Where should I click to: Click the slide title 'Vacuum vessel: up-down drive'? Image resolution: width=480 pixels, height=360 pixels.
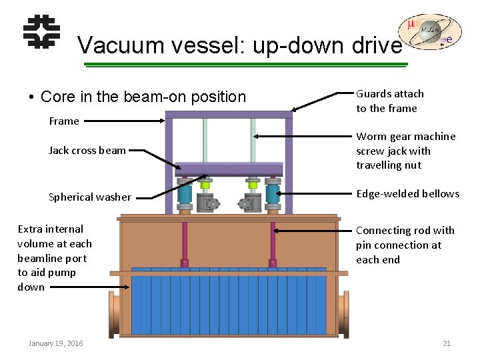coord(239,45)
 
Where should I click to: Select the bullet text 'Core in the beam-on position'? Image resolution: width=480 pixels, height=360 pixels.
coord(143,97)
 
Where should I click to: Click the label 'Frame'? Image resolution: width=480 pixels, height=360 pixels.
coord(64,121)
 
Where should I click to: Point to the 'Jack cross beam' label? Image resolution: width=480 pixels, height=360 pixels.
coord(87,150)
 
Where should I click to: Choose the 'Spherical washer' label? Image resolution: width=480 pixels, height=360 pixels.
coord(90,197)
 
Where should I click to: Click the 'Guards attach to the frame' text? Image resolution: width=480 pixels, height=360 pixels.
coord(390,101)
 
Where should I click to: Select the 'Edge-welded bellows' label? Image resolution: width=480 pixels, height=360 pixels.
coord(407,193)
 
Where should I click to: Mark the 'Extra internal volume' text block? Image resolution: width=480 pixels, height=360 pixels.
coord(55,258)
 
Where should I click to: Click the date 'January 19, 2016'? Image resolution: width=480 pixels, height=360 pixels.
coord(56,343)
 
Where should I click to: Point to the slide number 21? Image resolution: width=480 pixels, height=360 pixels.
coord(447,343)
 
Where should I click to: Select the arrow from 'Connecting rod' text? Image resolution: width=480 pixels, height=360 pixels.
coord(313,231)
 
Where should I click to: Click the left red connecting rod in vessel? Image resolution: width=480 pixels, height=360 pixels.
coord(185,243)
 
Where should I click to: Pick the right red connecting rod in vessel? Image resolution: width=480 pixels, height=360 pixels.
coord(273,243)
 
